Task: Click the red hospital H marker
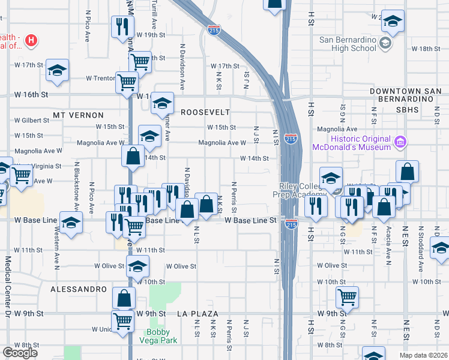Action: pyautogui.click(x=31, y=41)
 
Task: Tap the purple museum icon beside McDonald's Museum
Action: pyautogui.click(x=400, y=143)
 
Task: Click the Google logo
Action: pyautogui.click(x=20, y=353)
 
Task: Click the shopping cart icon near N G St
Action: pyautogui.click(x=347, y=296)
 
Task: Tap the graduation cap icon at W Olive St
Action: pyautogui.click(x=138, y=266)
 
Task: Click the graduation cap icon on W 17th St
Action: pyautogui.click(x=57, y=70)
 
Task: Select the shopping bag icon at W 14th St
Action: pyautogui.click(x=133, y=155)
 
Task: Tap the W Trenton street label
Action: pyautogui.click(x=100, y=78)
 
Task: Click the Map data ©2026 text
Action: pyautogui.click(x=424, y=355)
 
